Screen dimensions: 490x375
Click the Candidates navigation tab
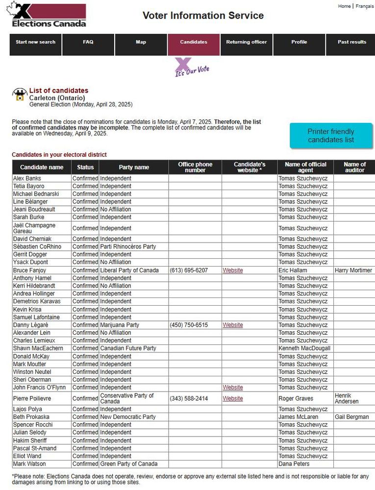[x=194, y=42]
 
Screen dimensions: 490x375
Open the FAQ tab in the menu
[x=88, y=42]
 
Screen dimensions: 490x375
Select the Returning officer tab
[x=247, y=42]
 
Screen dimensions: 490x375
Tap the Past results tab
[x=351, y=42]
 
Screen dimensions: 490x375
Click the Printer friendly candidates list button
[x=331, y=136]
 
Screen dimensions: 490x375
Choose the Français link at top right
[x=364, y=6]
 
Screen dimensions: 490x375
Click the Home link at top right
[x=345, y=6]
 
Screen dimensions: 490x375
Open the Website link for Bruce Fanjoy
[x=233, y=270]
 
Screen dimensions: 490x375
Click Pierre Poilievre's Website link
[x=233, y=399]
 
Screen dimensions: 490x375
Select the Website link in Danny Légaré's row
[x=233, y=325]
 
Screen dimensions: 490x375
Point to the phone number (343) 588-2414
[x=189, y=399]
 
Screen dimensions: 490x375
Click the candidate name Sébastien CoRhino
[x=37, y=247]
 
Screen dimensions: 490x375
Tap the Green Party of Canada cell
[x=129, y=464]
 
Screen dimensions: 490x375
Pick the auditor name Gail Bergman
[x=352, y=417]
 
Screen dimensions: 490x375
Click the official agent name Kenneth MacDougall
[x=304, y=348]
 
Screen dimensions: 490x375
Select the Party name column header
[x=134, y=168]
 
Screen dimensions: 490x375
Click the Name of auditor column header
[x=354, y=168]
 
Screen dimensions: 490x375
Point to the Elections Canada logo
[x=49, y=15]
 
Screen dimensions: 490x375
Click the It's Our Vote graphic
[x=191, y=68]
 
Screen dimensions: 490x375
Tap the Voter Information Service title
[x=203, y=16]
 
